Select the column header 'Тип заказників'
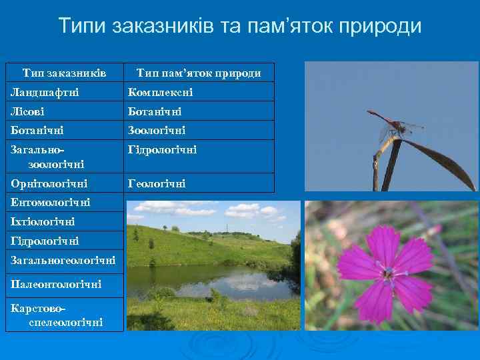click(64, 72)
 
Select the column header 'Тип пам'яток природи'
click(199, 72)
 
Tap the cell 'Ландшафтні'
click(41, 91)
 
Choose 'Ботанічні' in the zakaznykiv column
click(36, 130)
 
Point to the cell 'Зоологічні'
click(157, 130)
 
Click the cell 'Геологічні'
click(157, 182)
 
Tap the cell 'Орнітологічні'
click(49, 182)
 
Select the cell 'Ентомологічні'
click(50, 201)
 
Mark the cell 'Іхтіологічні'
click(42, 221)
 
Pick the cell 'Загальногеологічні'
click(63, 259)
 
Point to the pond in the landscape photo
click(213, 280)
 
